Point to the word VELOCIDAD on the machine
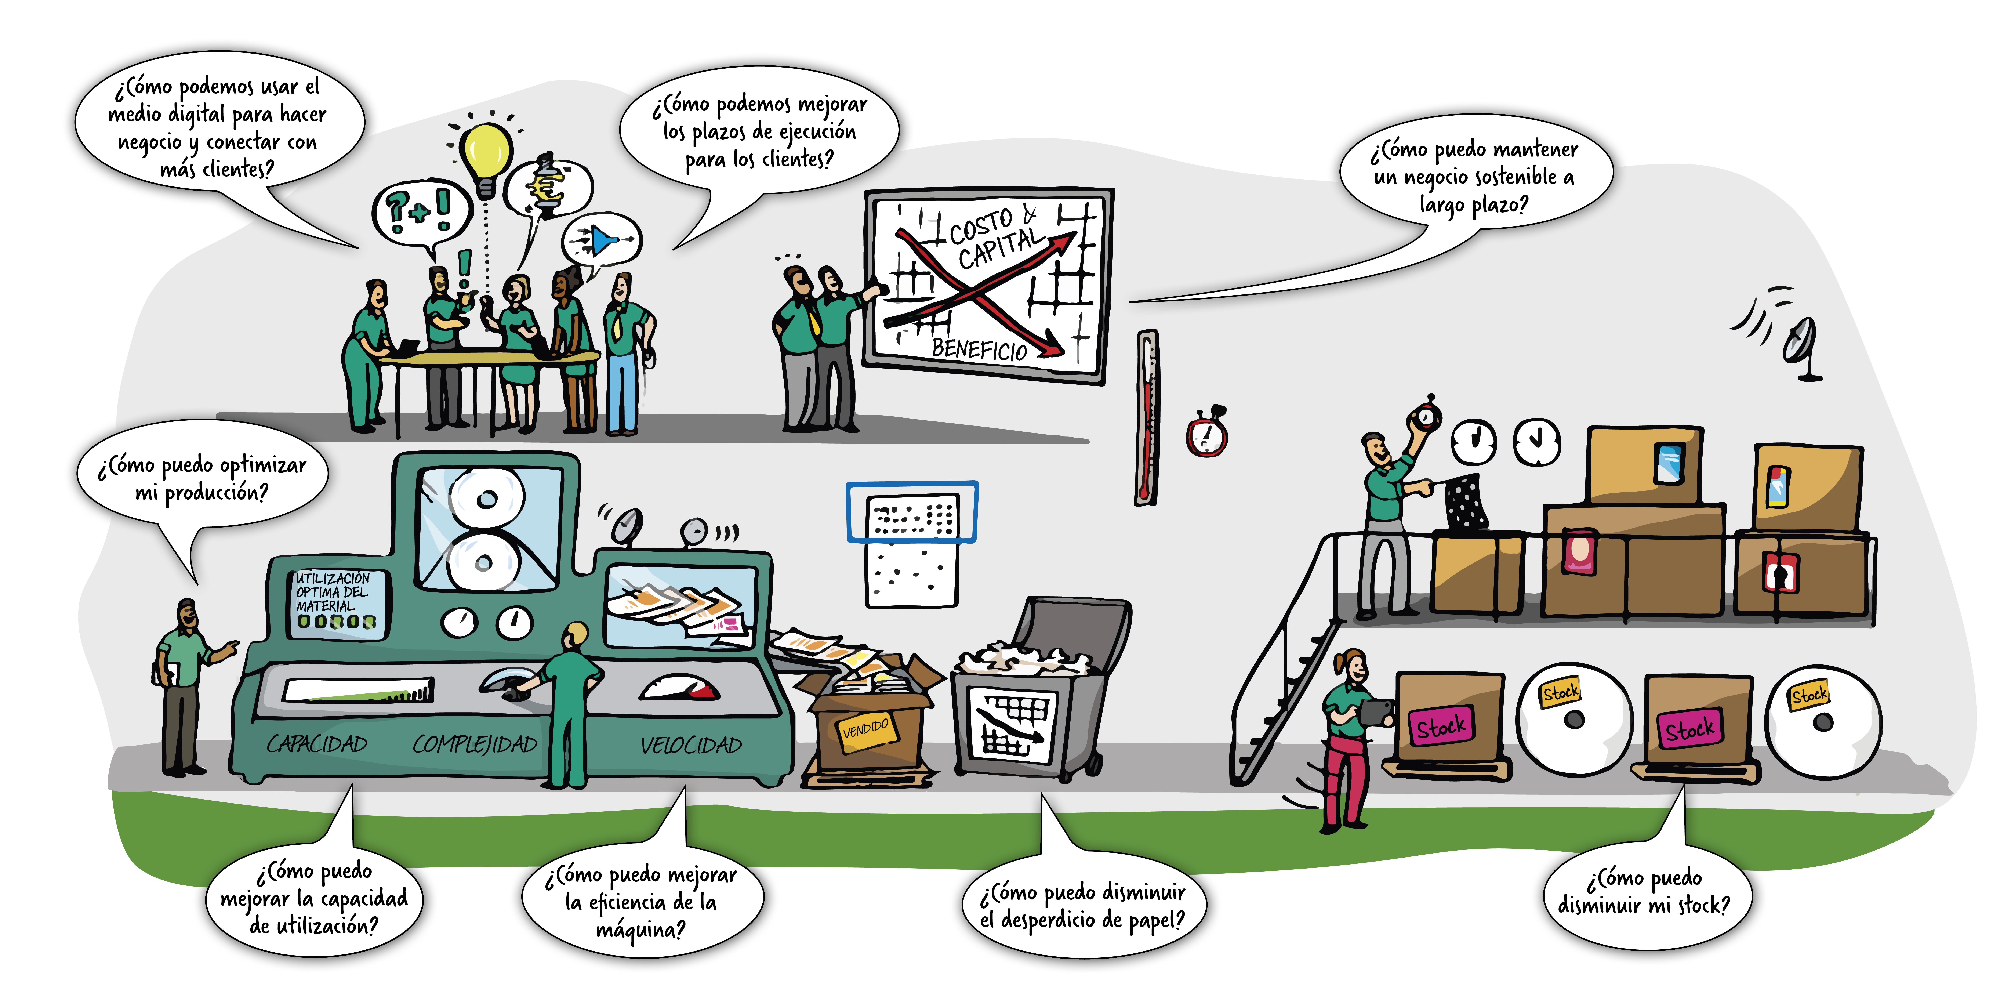coord(690,745)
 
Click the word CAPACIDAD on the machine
coord(317,744)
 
